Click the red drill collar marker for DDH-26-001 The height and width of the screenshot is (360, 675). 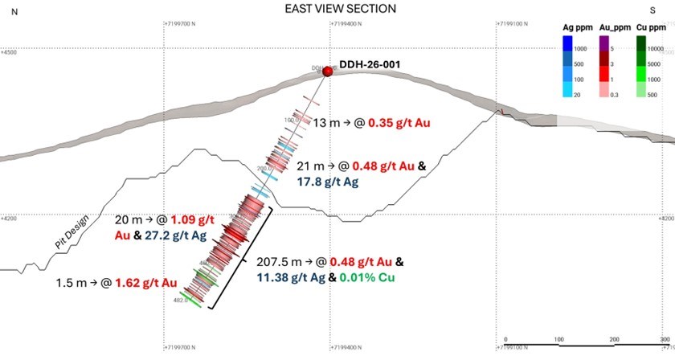327,72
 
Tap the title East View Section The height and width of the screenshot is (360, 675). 341,9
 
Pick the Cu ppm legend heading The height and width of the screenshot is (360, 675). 653,27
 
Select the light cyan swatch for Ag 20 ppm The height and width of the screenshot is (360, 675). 567,94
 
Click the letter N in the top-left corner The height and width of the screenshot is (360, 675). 7,9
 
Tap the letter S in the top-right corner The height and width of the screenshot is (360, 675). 662,9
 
